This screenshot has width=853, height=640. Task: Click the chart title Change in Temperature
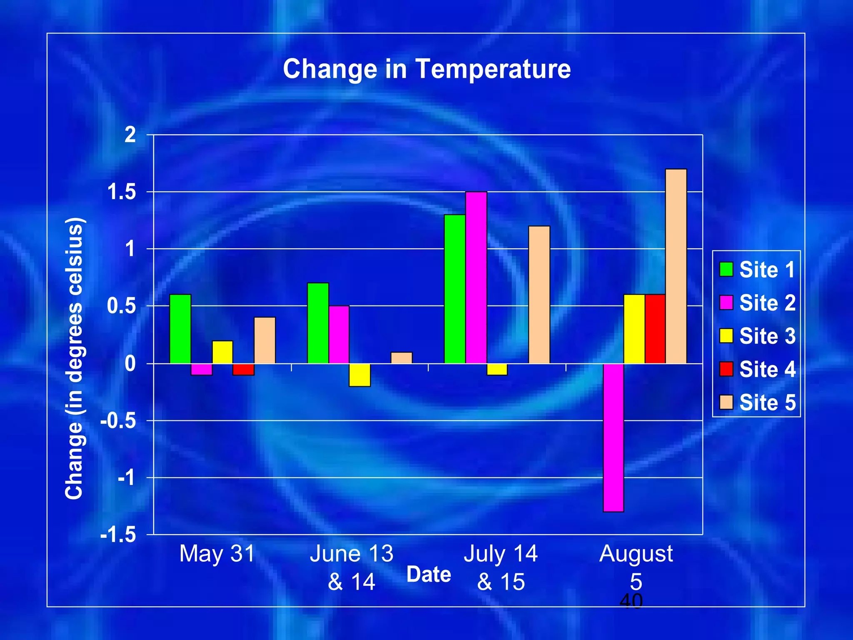pos(426,69)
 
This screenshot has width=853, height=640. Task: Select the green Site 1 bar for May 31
pos(180,329)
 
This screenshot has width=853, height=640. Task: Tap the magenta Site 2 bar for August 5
pos(614,437)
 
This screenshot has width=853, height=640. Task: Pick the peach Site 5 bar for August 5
pos(676,266)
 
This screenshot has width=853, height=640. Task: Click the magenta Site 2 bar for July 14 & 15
pos(476,277)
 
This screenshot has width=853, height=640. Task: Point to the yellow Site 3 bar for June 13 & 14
pos(360,375)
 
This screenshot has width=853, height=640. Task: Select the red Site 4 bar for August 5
pos(655,329)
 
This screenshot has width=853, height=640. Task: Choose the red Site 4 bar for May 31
pos(243,369)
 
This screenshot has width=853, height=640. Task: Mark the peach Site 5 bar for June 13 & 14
pos(402,358)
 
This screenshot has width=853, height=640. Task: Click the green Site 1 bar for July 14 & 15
pos(455,289)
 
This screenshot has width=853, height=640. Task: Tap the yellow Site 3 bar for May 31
pos(222,352)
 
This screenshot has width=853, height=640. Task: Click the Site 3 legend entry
pos(758,336)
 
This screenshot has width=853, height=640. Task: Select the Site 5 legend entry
pos(758,402)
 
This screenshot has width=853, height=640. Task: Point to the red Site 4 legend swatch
pos(726,369)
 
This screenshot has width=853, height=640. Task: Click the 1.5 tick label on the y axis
pos(122,192)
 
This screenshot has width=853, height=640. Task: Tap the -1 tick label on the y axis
pos(127,477)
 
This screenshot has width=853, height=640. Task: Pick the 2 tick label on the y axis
pos(130,135)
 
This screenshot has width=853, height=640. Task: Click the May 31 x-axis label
pos(217,554)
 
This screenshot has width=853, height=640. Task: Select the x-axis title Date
pos(429,575)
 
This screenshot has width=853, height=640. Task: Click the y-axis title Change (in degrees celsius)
pos(75,358)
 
